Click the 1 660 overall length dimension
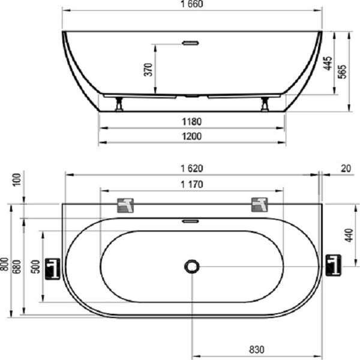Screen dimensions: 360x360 tap(192, 4)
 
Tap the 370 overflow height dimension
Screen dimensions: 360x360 tap(148, 70)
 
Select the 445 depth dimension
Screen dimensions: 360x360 tap(328, 63)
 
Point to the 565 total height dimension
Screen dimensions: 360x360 tap(342, 71)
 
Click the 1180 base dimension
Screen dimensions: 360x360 tap(192, 121)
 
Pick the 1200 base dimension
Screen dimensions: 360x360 tap(192, 136)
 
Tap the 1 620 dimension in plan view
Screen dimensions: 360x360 tap(192, 169)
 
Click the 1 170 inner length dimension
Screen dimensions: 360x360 tap(192, 184)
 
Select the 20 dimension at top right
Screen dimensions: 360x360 tap(346, 169)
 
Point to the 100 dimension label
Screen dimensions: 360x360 tap(17, 180)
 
